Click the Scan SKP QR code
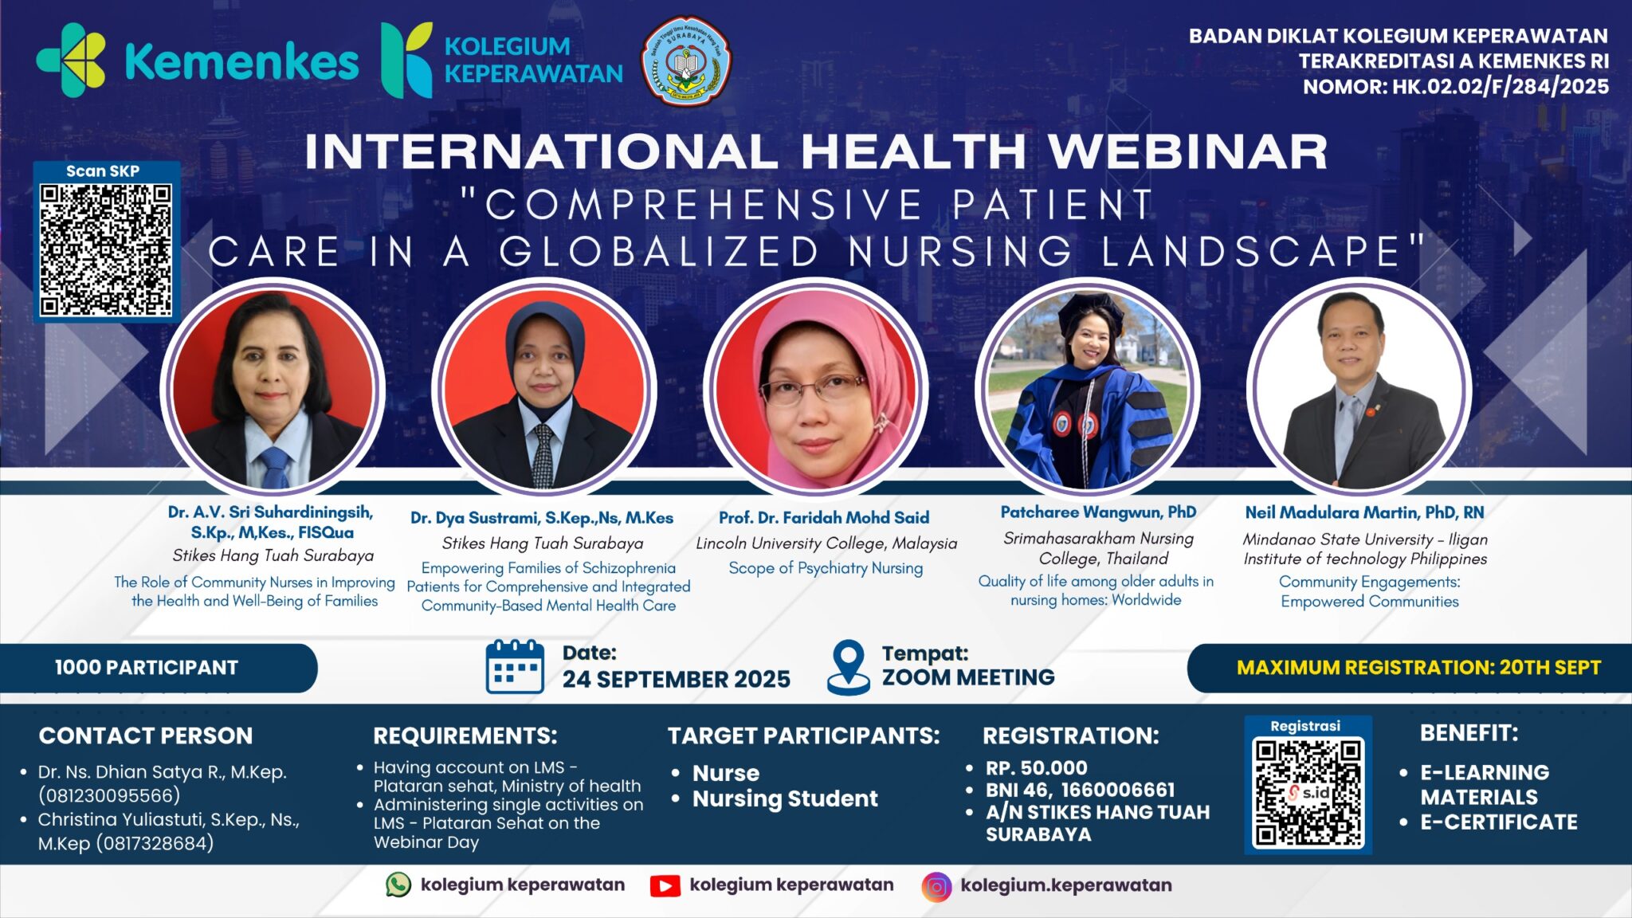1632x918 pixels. tap(106, 250)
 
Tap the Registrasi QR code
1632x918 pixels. tap(1308, 792)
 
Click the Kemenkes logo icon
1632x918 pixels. tap(72, 61)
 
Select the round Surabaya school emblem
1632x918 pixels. tap(685, 61)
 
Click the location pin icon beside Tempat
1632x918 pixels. tap(848, 667)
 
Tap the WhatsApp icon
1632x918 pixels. tap(398, 885)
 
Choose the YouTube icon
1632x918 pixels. tap(665, 886)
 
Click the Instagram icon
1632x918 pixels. tap(936, 886)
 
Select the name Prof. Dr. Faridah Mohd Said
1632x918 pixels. tap(824, 518)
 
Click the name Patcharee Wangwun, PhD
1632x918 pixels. tap(1098, 512)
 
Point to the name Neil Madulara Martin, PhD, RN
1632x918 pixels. tap(1364, 512)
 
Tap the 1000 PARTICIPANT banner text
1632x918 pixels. tap(147, 668)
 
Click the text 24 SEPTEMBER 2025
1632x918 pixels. tap(676, 679)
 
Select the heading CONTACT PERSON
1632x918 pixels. tap(146, 736)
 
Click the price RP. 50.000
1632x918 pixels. tap(1036, 768)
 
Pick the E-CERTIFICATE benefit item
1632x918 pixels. tap(1498, 822)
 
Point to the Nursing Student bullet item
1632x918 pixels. tap(784, 798)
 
